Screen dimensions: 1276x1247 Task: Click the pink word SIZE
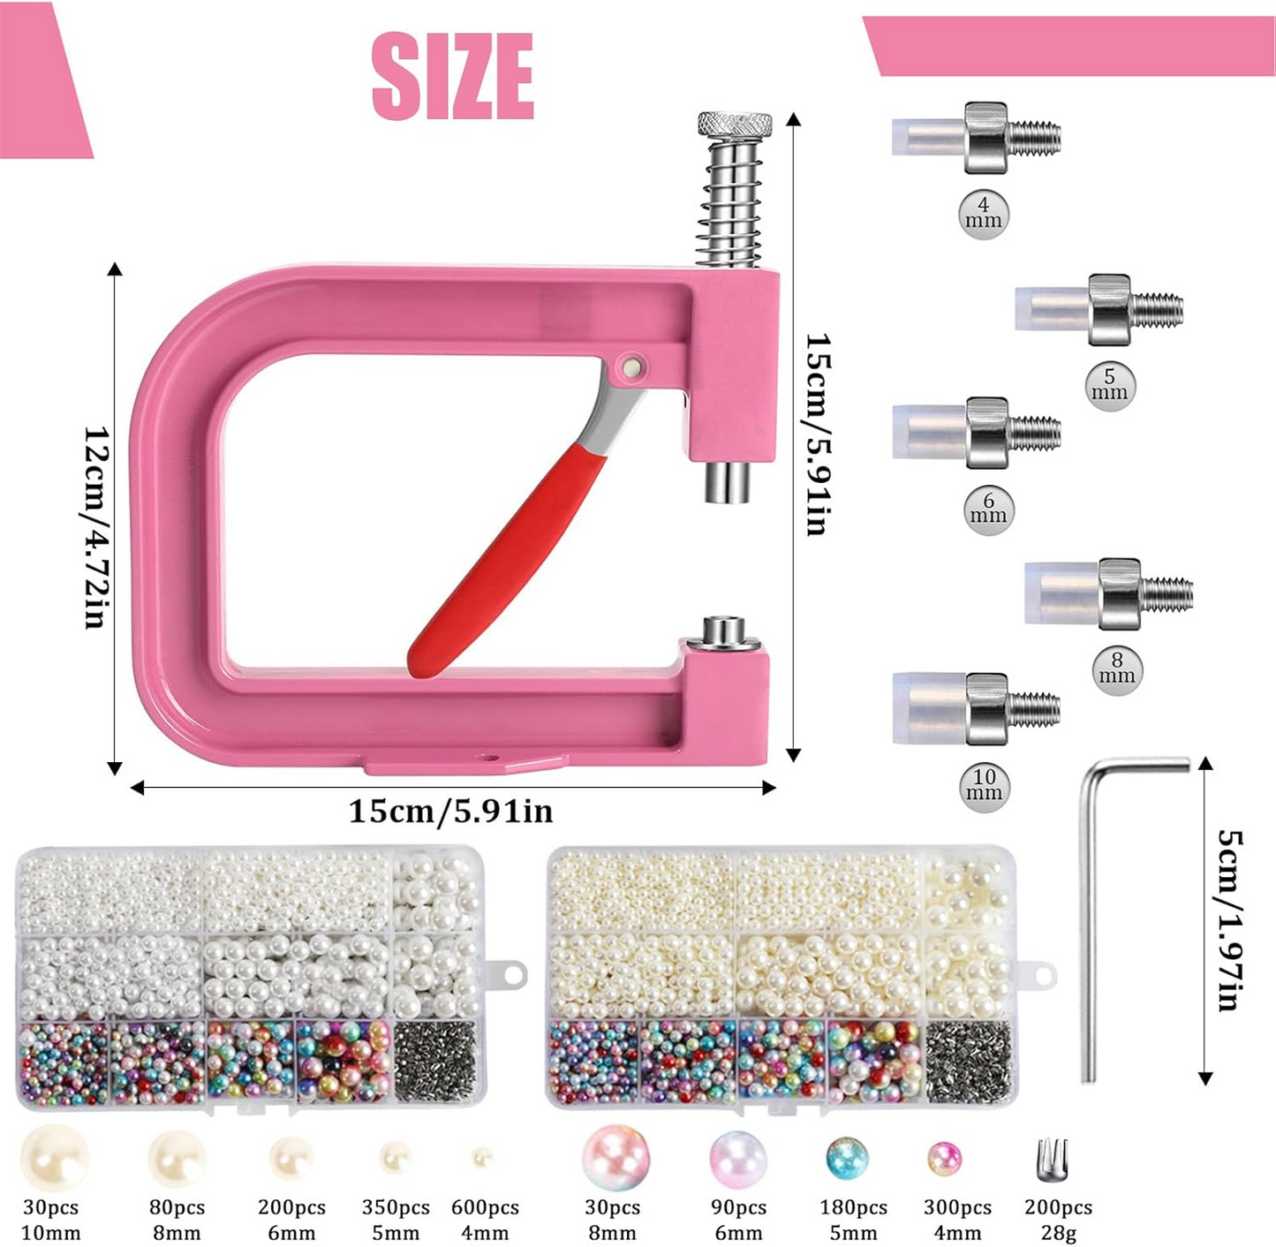pyautogui.click(x=452, y=77)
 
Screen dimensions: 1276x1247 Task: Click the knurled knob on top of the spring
pyautogui.click(x=734, y=125)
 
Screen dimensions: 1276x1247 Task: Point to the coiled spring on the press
pyautogui.click(x=729, y=202)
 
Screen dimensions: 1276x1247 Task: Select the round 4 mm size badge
pyautogui.click(x=984, y=214)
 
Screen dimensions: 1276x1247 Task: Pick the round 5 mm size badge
pyautogui.click(x=1109, y=385)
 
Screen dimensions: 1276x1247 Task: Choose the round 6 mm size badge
pyautogui.click(x=989, y=510)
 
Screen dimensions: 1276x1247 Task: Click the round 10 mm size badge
pyautogui.click(x=985, y=785)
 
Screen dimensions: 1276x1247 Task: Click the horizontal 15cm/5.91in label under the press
pyautogui.click(x=450, y=812)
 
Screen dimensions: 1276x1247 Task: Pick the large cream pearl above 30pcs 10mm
pyautogui.click(x=55, y=1159)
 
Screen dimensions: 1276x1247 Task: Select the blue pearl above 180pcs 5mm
pyautogui.click(x=847, y=1158)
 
